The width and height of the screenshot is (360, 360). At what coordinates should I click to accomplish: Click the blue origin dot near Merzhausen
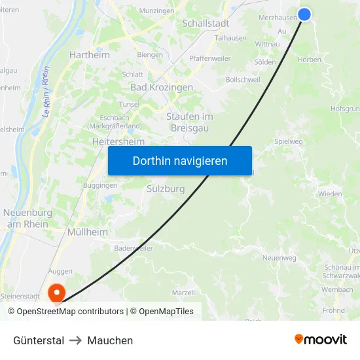click(304, 14)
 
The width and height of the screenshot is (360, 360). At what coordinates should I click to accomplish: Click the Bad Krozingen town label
click(162, 87)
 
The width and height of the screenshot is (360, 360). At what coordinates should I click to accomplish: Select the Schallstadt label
click(206, 22)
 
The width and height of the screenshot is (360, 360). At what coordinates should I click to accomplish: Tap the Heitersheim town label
click(118, 141)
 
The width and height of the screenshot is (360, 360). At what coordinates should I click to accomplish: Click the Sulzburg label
click(165, 189)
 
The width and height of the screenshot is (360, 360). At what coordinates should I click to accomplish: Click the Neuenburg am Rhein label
click(27, 218)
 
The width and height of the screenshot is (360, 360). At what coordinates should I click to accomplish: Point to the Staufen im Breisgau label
click(190, 122)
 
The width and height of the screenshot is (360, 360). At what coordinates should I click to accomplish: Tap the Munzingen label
click(156, 11)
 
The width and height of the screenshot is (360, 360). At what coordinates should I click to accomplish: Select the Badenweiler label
click(133, 249)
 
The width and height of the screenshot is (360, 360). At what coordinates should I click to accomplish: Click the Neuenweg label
click(279, 258)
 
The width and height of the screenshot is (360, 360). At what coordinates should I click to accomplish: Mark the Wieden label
click(330, 194)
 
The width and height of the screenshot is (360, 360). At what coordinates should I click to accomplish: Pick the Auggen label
click(60, 270)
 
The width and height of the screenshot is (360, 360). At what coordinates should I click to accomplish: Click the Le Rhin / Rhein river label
click(46, 93)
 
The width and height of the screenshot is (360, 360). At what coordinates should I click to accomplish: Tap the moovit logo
click(320, 339)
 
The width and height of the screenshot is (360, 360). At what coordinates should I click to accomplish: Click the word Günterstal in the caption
click(39, 340)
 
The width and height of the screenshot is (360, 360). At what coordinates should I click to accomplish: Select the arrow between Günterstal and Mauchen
click(75, 340)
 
